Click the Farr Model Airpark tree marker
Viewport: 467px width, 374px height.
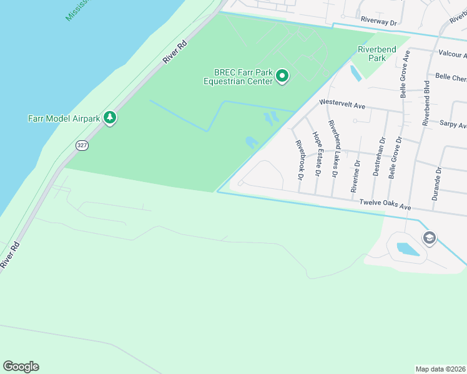click(110, 117)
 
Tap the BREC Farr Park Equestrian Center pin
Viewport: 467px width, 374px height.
click(282, 77)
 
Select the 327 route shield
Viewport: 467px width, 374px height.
click(82, 145)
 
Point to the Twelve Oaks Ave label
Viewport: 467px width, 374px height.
click(384, 204)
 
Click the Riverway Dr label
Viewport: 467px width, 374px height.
click(379, 21)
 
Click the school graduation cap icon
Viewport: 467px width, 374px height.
click(429, 237)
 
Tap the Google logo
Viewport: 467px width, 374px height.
click(21, 367)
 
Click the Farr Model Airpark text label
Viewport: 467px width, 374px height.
click(66, 117)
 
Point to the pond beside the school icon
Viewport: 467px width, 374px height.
click(408, 249)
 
